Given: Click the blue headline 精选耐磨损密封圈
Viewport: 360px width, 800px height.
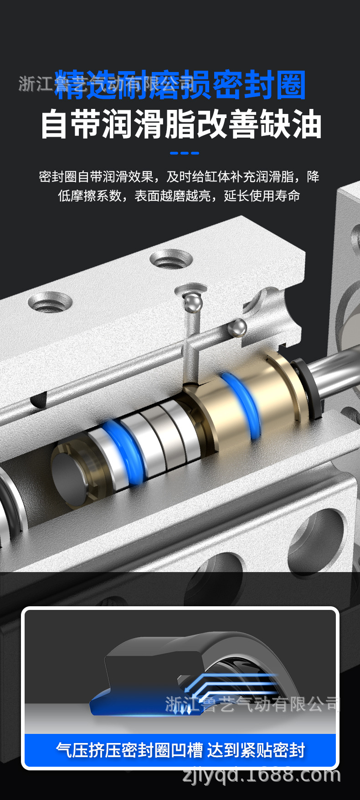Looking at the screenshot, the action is (x=180, y=85).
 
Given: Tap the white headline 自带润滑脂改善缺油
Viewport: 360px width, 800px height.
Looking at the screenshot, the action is (x=181, y=124).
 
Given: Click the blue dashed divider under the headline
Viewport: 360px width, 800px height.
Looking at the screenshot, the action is (x=185, y=153).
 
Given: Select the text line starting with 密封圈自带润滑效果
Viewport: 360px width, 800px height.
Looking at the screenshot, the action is (x=179, y=177).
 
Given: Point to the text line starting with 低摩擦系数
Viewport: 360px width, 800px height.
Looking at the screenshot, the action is (x=179, y=196).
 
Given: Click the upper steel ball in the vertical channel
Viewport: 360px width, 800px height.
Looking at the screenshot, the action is (x=193, y=302).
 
